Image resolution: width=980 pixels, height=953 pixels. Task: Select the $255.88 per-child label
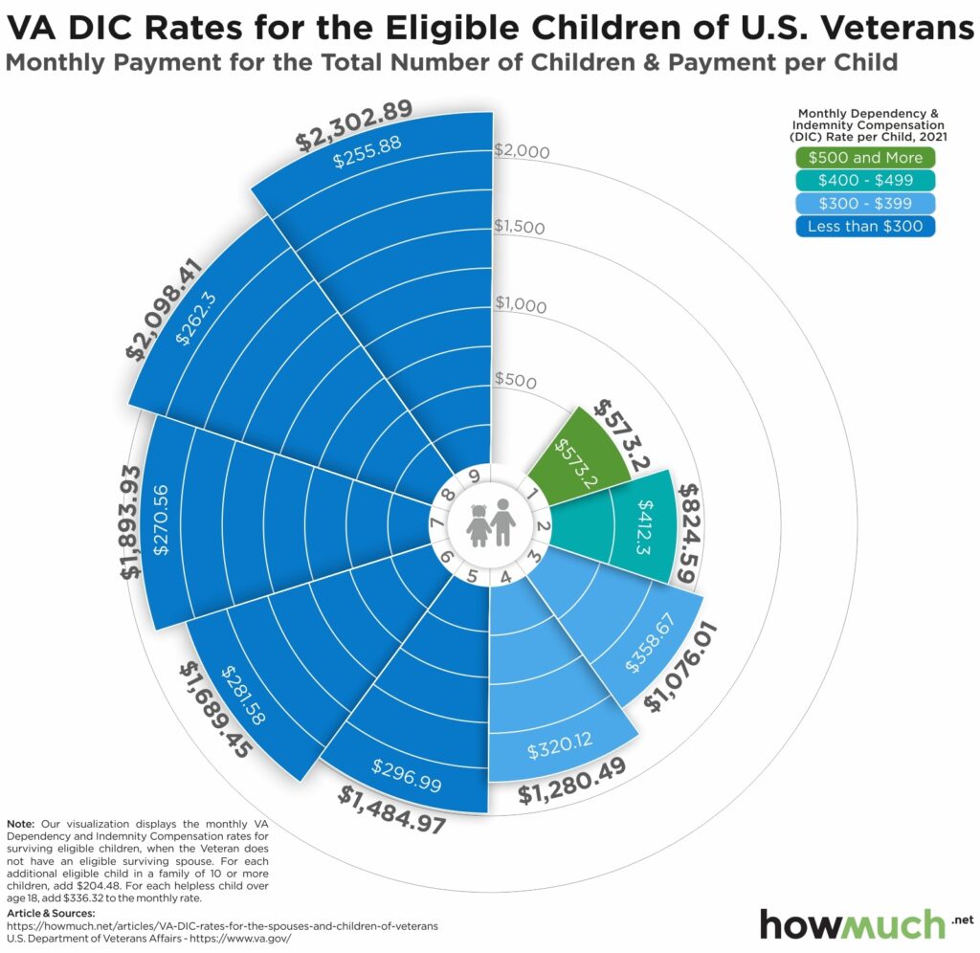click(x=367, y=151)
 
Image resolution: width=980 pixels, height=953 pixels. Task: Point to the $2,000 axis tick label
click(x=522, y=151)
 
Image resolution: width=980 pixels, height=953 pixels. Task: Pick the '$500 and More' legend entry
click(x=864, y=158)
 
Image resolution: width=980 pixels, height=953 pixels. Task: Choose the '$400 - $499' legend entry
click(x=864, y=180)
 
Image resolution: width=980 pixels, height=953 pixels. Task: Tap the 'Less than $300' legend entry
click(x=864, y=226)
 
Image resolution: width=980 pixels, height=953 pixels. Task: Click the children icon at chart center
click(x=490, y=524)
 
